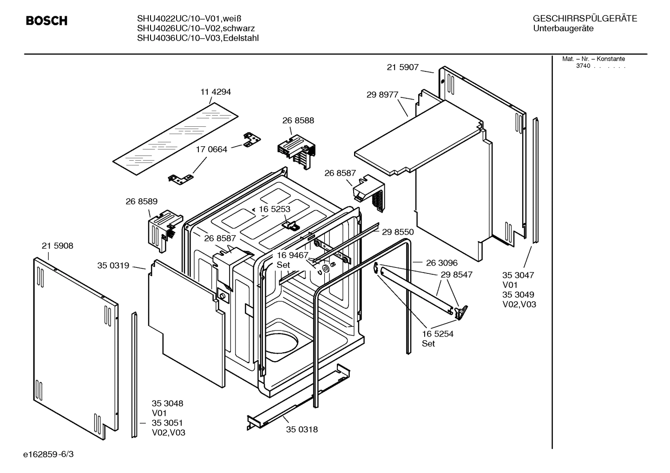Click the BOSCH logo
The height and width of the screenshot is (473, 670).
click(x=46, y=21)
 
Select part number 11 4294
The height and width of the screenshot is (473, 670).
click(x=216, y=92)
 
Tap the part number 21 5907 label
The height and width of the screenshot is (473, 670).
click(x=403, y=67)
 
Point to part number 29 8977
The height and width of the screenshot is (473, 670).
click(x=382, y=95)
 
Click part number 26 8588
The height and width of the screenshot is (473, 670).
click(x=298, y=121)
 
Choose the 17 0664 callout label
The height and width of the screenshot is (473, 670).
click(x=211, y=149)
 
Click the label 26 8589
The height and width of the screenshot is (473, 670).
click(x=141, y=201)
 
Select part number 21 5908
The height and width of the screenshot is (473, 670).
click(x=57, y=246)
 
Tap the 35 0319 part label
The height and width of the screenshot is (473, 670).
click(x=113, y=266)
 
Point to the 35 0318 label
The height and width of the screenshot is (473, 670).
click(x=302, y=429)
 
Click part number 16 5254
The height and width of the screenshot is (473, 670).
click(x=437, y=334)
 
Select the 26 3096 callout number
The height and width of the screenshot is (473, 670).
click(x=441, y=263)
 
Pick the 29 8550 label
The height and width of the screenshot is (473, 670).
click(x=398, y=232)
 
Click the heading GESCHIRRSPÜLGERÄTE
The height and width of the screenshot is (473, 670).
click(x=585, y=19)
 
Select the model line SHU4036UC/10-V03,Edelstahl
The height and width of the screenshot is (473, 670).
click(x=197, y=39)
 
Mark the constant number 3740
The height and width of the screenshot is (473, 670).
click(x=583, y=66)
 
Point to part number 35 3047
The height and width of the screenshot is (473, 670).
click(x=518, y=275)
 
